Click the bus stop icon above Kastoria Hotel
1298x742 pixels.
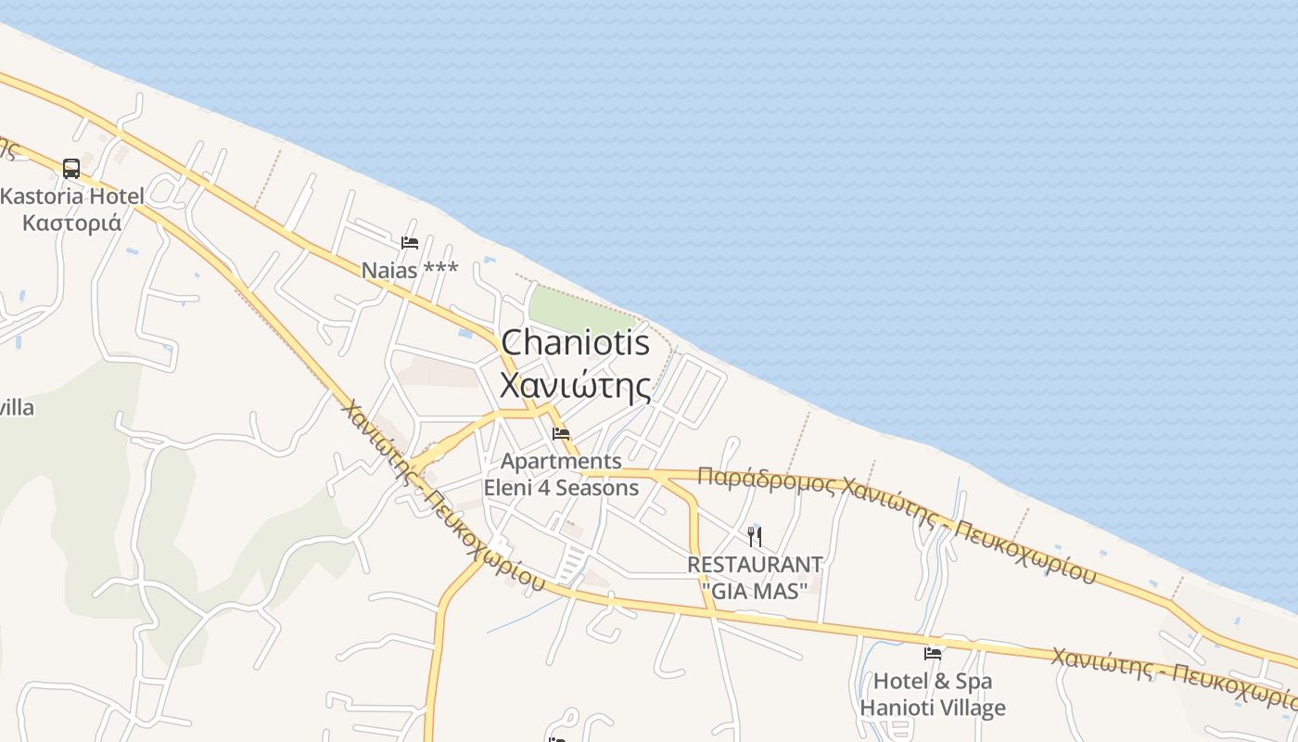(x=71, y=169)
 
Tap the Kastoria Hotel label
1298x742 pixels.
(x=72, y=197)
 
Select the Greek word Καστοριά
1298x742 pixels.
(x=72, y=224)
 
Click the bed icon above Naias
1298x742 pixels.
(x=410, y=243)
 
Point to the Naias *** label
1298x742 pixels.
(x=410, y=270)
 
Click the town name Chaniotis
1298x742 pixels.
(x=575, y=343)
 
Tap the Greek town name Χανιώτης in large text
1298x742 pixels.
(x=575, y=385)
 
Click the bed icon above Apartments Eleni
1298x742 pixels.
(x=561, y=433)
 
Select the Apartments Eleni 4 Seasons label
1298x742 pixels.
(x=561, y=474)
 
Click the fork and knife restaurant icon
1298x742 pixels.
(x=755, y=536)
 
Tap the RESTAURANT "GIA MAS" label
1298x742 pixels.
(x=755, y=576)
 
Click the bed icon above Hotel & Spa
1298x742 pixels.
(x=933, y=654)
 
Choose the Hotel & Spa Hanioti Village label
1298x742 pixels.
(x=932, y=695)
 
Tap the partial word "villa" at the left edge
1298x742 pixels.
(x=17, y=407)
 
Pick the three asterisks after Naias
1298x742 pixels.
(x=440, y=269)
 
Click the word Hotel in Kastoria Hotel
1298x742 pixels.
(x=112, y=197)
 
